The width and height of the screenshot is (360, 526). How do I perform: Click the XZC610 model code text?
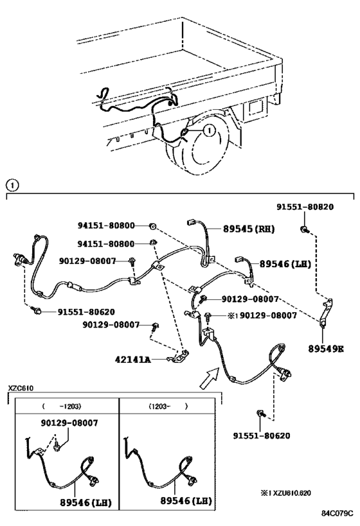21,388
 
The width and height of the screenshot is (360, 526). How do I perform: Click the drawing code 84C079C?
337,514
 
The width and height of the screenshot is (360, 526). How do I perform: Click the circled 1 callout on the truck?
208,130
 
